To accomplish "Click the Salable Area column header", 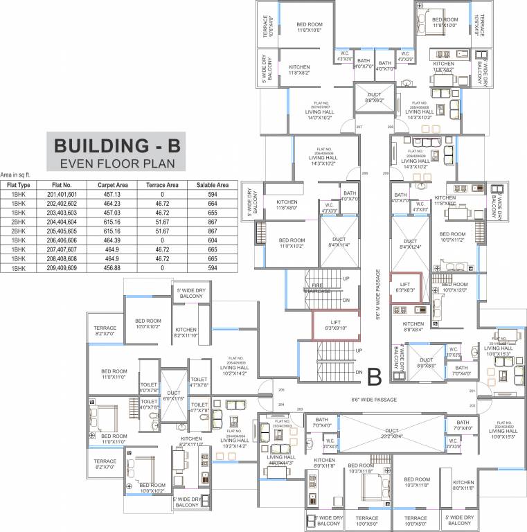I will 212,185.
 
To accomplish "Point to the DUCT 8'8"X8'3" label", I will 374,97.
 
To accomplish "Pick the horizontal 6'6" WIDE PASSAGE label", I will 374,400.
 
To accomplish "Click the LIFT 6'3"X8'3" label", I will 405,287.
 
